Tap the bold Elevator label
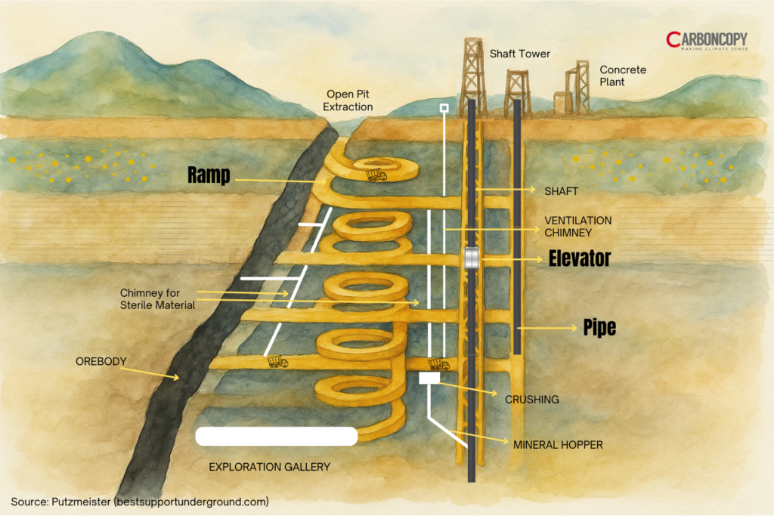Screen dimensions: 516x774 pyautogui.click(x=578, y=259)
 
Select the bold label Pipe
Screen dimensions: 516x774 pyautogui.click(x=599, y=327)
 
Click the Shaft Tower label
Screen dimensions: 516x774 pyautogui.click(x=520, y=54)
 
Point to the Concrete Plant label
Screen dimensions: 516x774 pyautogui.click(x=623, y=76)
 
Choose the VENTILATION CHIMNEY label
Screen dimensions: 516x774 pyautogui.click(x=578, y=227)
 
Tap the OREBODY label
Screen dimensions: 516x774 pyautogui.click(x=101, y=361)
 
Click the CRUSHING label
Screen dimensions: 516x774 pyautogui.click(x=532, y=400)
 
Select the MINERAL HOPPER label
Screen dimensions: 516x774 pyautogui.click(x=558, y=445)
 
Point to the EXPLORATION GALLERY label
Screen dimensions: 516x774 pyautogui.click(x=269, y=467)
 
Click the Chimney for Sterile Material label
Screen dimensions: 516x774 pyautogui.click(x=156, y=298)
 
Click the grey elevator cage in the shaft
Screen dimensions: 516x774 pyautogui.click(x=472, y=258)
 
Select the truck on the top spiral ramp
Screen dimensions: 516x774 pyautogui.click(x=376, y=176)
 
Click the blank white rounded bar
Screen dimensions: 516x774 pyautogui.click(x=276, y=437)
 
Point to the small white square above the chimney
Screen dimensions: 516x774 pyautogui.click(x=444, y=109)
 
